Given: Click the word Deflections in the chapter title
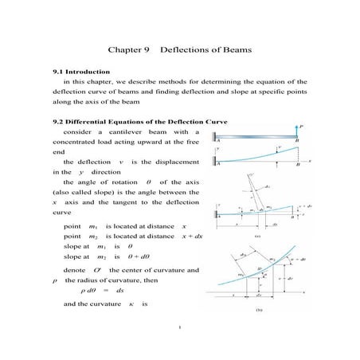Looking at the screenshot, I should point(186,49).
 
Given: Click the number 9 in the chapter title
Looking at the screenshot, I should point(147,49).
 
